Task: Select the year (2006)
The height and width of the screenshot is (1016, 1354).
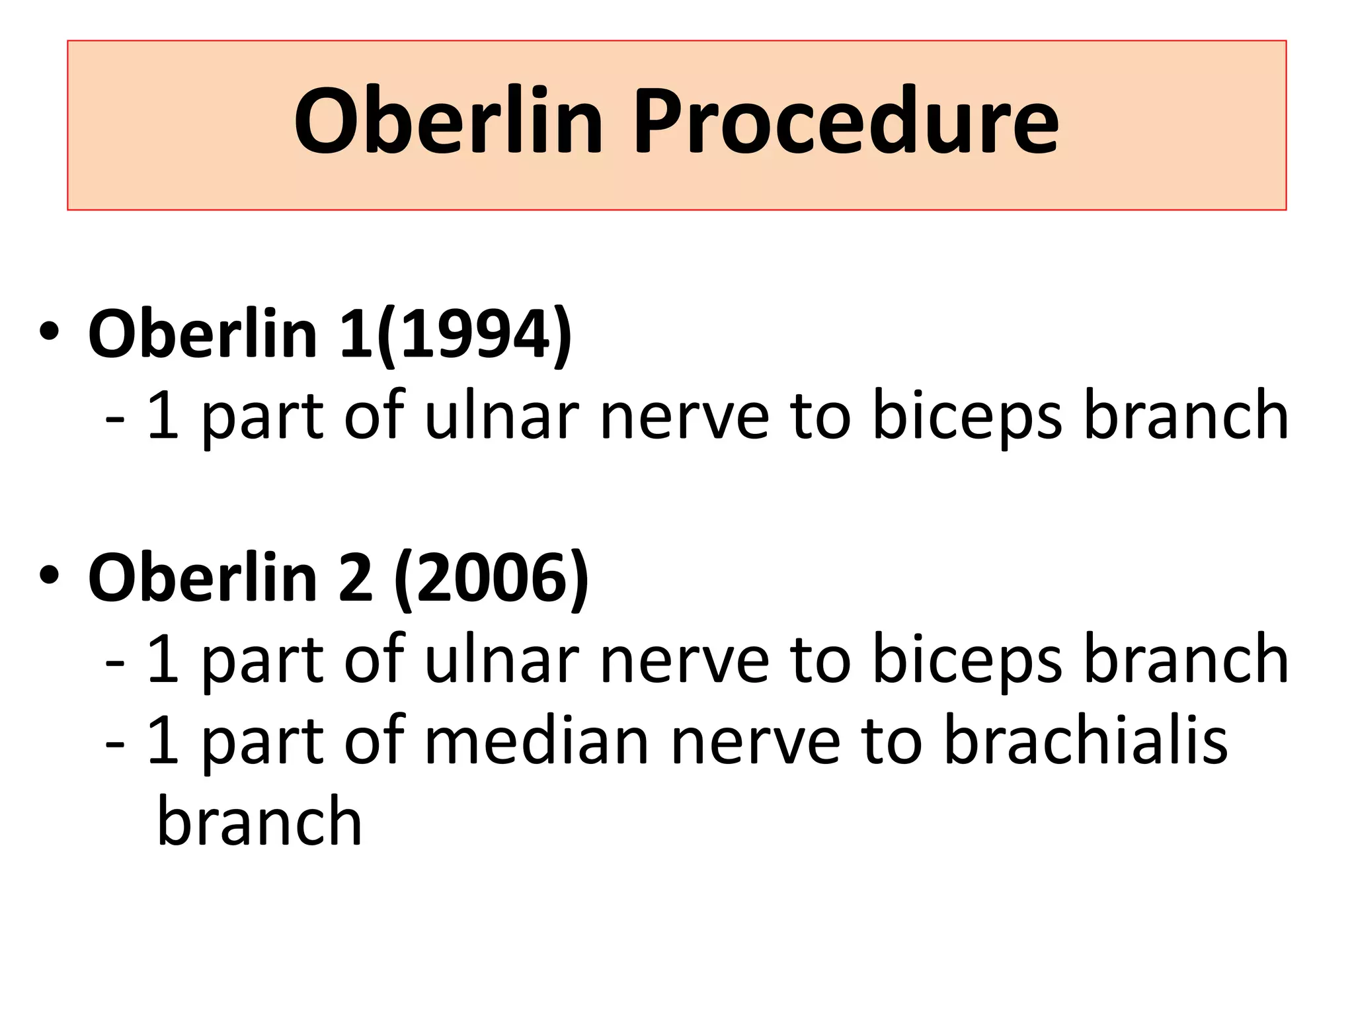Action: (491, 577)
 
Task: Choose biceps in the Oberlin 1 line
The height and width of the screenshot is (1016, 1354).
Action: (967, 417)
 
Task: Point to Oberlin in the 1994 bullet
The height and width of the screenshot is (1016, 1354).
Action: (202, 334)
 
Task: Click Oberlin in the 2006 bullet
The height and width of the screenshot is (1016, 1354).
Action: (202, 577)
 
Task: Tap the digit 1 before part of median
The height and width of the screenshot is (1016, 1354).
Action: (163, 740)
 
